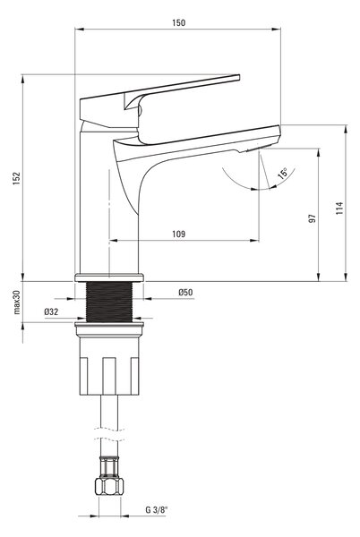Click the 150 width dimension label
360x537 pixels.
[x=179, y=22]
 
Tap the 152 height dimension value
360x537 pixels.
[x=16, y=178]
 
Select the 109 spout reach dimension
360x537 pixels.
[x=178, y=234]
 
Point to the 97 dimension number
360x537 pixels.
[x=312, y=218]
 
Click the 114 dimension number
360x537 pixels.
[x=339, y=209]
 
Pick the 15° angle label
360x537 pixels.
[x=283, y=174]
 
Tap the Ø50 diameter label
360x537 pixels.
[x=185, y=292]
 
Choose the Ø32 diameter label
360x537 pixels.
[x=51, y=311]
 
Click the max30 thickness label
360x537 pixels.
[x=17, y=302]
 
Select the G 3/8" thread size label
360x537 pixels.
[x=157, y=509]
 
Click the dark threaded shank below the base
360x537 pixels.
[x=109, y=302]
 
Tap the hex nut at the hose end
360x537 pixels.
[x=109, y=486]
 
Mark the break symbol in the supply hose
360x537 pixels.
[x=109, y=434]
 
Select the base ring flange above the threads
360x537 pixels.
[x=109, y=277]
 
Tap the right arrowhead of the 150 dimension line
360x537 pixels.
[x=277, y=30]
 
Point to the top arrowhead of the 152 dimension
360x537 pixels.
[x=23, y=79]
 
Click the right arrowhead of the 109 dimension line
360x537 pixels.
[x=254, y=241]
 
